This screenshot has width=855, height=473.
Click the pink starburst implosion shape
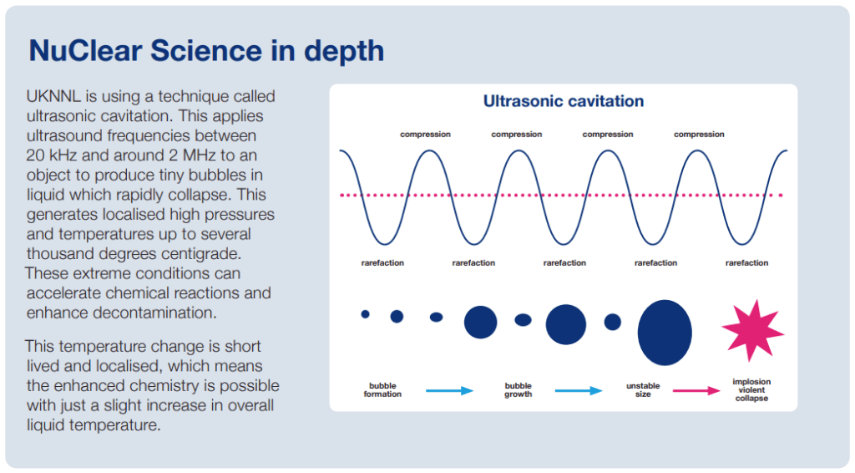tap(752, 331)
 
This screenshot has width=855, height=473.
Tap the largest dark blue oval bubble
tap(665, 333)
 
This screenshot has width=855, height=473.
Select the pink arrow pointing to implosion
tap(696, 390)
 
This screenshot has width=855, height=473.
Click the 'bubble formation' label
tap(382, 390)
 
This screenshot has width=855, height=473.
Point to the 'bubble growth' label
tap(518, 390)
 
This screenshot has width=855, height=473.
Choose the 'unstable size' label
tap(643, 390)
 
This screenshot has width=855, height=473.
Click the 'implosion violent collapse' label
tap(751, 390)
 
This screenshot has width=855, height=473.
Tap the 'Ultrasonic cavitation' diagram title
tap(564, 101)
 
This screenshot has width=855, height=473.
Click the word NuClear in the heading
tap(86, 51)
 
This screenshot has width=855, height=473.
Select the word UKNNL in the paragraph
tap(53, 97)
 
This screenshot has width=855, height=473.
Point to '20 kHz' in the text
tap(52, 155)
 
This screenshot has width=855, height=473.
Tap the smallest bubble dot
tap(366, 313)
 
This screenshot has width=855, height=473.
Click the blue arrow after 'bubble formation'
tap(449, 390)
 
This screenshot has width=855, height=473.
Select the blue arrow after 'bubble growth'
tap(579, 390)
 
